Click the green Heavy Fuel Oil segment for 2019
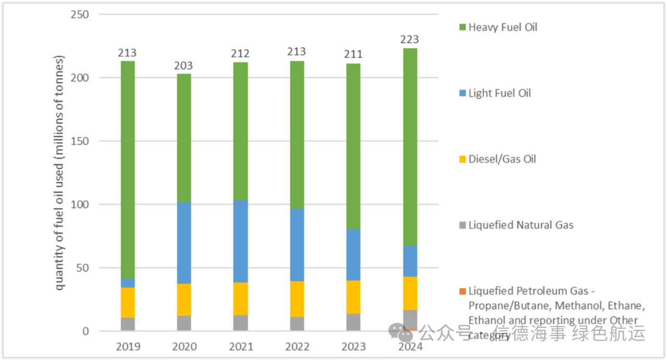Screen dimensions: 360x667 pyautogui.click(x=128, y=170)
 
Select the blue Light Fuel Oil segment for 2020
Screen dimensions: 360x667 pyautogui.click(x=184, y=243)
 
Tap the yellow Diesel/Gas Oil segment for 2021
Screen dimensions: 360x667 pyautogui.click(x=241, y=299)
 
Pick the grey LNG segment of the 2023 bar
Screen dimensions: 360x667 pyautogui.click(x=353, y=322)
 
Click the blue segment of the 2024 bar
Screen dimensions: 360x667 pyautogui.click(x=410, y=261)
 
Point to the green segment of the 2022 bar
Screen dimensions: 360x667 pyautogui.click(x=297, y=134)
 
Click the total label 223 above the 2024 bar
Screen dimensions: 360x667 pyautogui.click(x=410, y=40)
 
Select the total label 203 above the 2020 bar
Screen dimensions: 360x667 pyautogui.click(x=184, y=66)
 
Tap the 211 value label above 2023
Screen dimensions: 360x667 pyautogui.click(x=353, y=54)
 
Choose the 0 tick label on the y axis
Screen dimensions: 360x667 pyautogui.click(x=85, y=331)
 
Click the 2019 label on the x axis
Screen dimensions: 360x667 pyautogui.click(x=128, y=347)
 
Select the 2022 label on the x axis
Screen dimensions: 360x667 pyautogui.click(x=297, y=347)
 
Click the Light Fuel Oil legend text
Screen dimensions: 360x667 pyautogui.click(x=500, y=93)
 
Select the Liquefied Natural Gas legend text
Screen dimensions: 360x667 pyautogui.click(x=521, y=225)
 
